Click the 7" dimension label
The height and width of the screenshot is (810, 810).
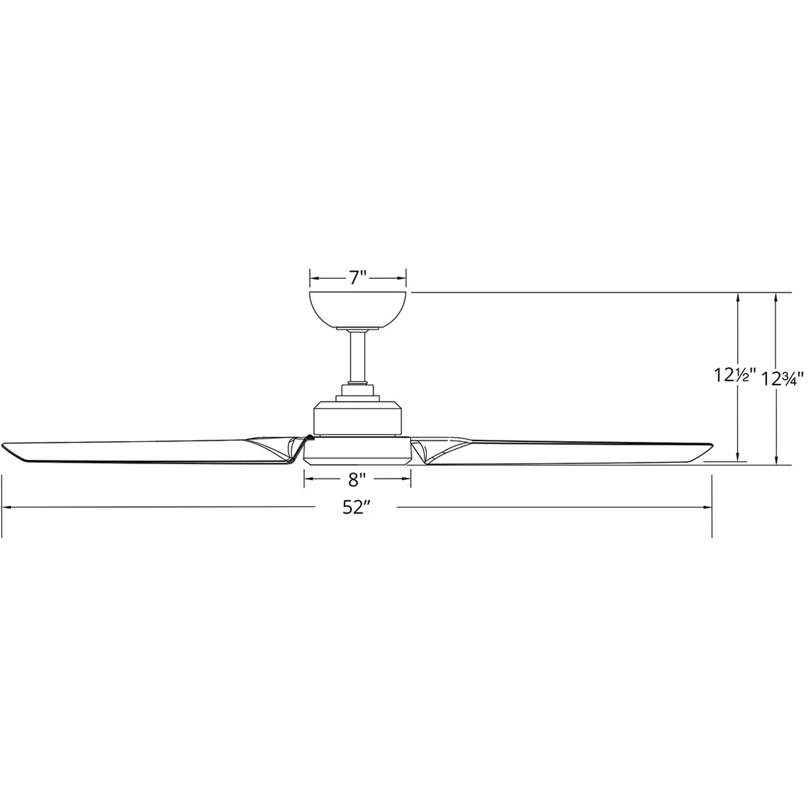point(358,278)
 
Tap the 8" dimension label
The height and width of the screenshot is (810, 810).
point(357,481)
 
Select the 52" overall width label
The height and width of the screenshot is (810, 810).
point(356,508)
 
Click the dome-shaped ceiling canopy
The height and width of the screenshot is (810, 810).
point(358,310)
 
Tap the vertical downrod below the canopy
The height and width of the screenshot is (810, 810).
point(358,356)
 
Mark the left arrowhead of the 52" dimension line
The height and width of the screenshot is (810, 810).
point(6,508)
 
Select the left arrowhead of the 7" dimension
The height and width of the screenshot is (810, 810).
point(313,278)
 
